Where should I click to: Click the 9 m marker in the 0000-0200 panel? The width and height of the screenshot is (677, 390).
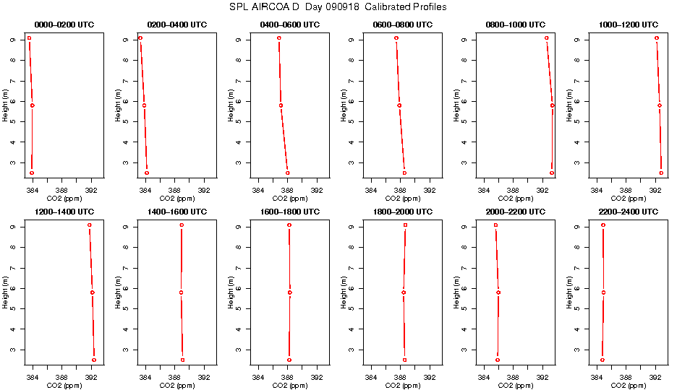pos(29,38)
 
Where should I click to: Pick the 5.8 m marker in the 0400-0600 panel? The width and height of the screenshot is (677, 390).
pos(281,105)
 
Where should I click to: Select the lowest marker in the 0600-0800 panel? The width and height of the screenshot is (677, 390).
pos(404,173)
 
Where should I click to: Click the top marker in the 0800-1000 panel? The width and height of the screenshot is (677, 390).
pos(547,38)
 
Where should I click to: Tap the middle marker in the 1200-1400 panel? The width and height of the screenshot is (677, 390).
pos(93,292)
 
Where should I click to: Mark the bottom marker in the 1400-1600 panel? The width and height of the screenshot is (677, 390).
pos(182,360)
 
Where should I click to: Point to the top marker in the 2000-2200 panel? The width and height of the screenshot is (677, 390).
pos(495,225)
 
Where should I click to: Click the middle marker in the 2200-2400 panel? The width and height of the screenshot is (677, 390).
pos(603,292)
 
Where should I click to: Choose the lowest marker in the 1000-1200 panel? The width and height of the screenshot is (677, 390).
pos(661,173)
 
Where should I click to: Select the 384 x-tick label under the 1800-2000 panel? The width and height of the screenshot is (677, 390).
pos(371,378)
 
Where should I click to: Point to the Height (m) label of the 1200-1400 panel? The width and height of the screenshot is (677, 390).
pos(5,292)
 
